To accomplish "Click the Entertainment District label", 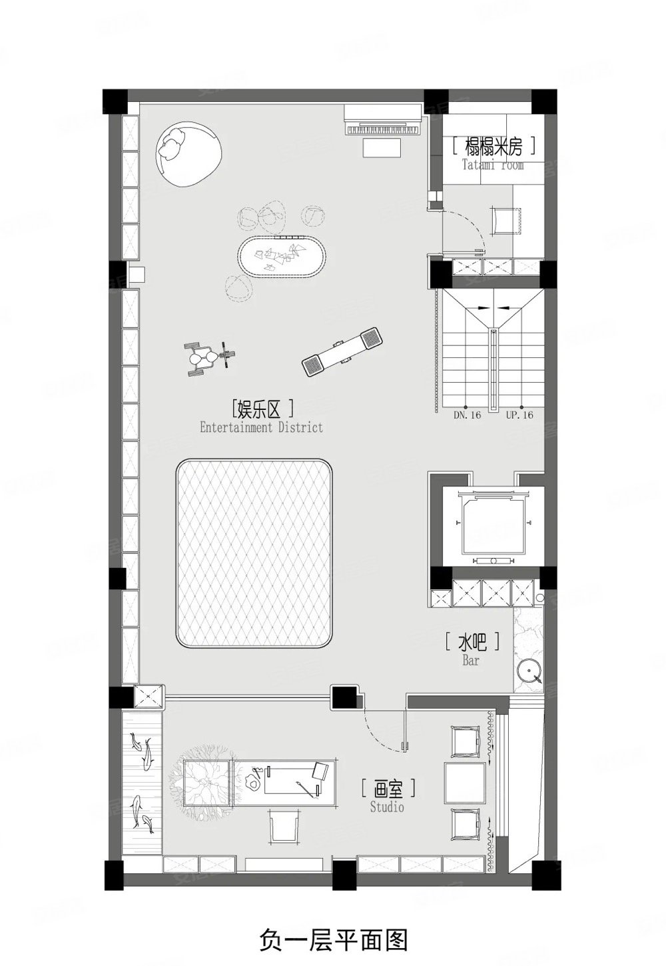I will click(261, 417).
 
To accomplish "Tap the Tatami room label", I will click(494, 153).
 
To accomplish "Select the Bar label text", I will click(472, 650).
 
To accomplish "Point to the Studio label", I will click(388, 797).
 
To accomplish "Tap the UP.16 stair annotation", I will click(519, 415).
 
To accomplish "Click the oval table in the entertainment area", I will click(282, 254).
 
